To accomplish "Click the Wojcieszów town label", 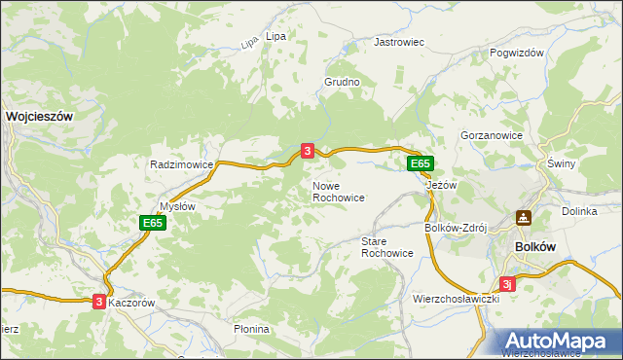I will click(x=40, y=115).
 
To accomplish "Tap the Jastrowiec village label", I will click(x=400, y=43).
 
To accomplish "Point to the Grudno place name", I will click(x=343, y=83).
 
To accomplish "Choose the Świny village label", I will click(x=562, y=163).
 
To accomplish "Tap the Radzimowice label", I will click(x=181, y=165).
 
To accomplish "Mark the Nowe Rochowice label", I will click(x=339, y=191).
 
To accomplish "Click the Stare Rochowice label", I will click(x=387, y=246).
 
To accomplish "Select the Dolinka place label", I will click(x=579, y=211).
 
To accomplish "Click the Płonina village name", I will click(x=251, y=329).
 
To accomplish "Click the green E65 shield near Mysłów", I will click(x=152, y=223).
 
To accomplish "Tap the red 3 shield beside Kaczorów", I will click(x=99, y=303).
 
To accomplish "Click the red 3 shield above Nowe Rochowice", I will click(x=308, y=151).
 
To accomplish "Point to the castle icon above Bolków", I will click(x=524, y=218).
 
